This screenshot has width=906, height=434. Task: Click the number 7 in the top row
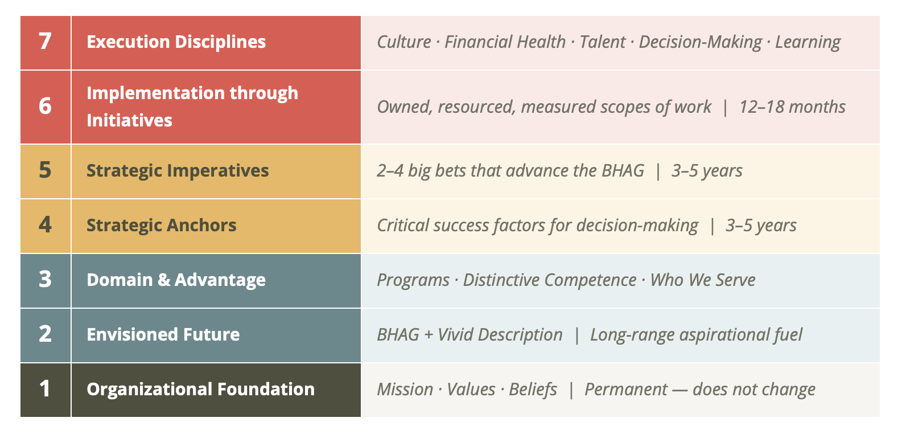click(46, 42)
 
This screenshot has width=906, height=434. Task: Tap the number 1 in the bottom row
click(45, 388)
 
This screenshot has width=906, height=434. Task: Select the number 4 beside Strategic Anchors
click(46, 225)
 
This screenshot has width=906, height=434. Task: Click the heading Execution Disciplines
click(176, 42)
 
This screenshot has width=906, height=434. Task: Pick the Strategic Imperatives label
click(178, 170)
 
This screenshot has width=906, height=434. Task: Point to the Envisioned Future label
click(163, 334)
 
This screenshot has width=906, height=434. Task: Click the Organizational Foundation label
click(201, 389)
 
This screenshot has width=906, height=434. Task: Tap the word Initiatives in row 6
click(129, 120)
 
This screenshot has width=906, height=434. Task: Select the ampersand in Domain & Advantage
click(164, 280)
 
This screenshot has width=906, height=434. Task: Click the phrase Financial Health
click(505, 42)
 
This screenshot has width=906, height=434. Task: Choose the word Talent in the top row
click(603, 42)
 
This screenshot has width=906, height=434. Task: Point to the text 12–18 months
click(792, 107)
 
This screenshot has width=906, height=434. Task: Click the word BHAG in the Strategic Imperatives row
click(623, 170)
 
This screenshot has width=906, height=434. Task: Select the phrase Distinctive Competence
click(550, 280)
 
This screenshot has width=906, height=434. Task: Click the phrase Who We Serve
click(703, 280)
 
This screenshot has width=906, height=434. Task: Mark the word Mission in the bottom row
click(405, 390)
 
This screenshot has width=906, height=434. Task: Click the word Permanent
click(626, 390)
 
